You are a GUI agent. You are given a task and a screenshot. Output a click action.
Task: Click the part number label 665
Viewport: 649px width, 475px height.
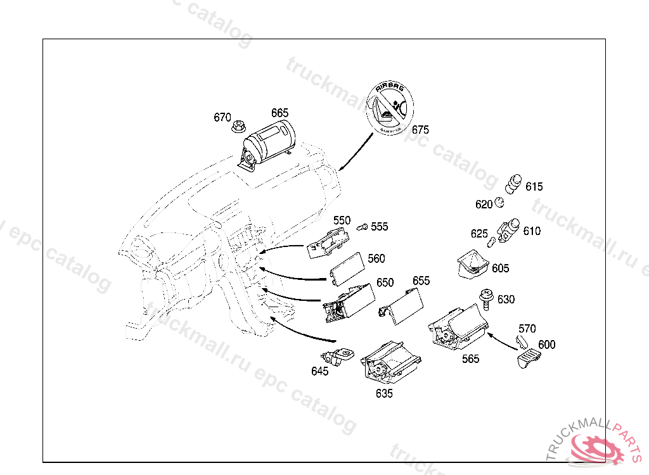click(280, 113)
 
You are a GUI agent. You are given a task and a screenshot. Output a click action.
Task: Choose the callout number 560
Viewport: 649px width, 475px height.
click(376, 258)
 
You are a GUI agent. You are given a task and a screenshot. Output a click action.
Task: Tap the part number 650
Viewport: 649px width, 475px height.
click(385, 282)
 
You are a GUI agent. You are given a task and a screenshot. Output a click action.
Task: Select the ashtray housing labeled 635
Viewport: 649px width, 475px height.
click(388, 364)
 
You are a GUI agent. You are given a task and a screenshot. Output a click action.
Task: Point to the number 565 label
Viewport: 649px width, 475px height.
click(470, 359)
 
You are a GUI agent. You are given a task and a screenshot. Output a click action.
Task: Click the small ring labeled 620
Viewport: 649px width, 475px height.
click(499, 203)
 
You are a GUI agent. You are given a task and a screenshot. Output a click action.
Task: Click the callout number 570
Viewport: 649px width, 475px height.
click(527, 329)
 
